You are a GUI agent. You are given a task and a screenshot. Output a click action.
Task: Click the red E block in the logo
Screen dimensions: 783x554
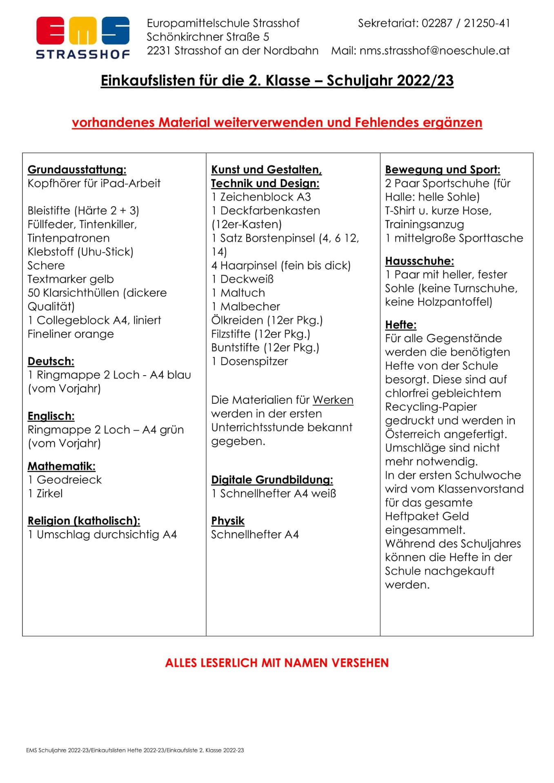point(50,31)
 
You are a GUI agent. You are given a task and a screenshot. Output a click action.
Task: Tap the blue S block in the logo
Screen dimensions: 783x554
point(116,31)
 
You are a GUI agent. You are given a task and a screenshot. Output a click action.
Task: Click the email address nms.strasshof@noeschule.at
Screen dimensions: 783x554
point(434,51)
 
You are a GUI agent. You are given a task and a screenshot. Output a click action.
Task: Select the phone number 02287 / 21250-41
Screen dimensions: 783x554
point(466,23)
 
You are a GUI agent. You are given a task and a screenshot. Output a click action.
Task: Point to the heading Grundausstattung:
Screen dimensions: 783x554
point(77,170)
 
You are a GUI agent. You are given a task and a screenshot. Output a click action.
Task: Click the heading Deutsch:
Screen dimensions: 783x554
point(51,361)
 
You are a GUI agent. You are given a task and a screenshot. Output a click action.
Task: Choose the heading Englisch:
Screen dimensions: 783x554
point(51,416)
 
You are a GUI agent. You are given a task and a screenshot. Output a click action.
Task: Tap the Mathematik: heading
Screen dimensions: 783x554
point(62,466)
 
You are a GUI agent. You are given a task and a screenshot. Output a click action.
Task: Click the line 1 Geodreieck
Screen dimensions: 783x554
point(65,480)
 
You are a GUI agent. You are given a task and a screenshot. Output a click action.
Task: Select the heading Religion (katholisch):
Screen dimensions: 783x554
point(84,521)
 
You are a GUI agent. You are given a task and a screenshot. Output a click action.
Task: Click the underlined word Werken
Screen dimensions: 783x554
point(333,400)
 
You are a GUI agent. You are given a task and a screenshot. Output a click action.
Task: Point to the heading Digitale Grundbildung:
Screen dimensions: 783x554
point(272,480)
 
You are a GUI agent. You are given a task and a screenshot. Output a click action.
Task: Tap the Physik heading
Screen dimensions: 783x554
point(228,521)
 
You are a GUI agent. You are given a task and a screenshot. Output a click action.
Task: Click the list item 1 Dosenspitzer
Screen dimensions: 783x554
point(249,361)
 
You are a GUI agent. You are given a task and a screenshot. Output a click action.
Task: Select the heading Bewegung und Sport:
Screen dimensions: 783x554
point(443,170)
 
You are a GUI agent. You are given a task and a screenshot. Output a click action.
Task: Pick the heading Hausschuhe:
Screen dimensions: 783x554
point(419,261)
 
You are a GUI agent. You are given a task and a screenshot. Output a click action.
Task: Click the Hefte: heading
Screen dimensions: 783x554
point(400,325)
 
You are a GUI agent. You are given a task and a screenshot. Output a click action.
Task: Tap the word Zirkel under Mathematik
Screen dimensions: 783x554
point(49,494)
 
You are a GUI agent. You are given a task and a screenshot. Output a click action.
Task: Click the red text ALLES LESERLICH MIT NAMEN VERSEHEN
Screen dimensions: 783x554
point(277,663)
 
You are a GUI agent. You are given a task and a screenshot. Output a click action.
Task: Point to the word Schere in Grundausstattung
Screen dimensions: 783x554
point(46,265)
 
